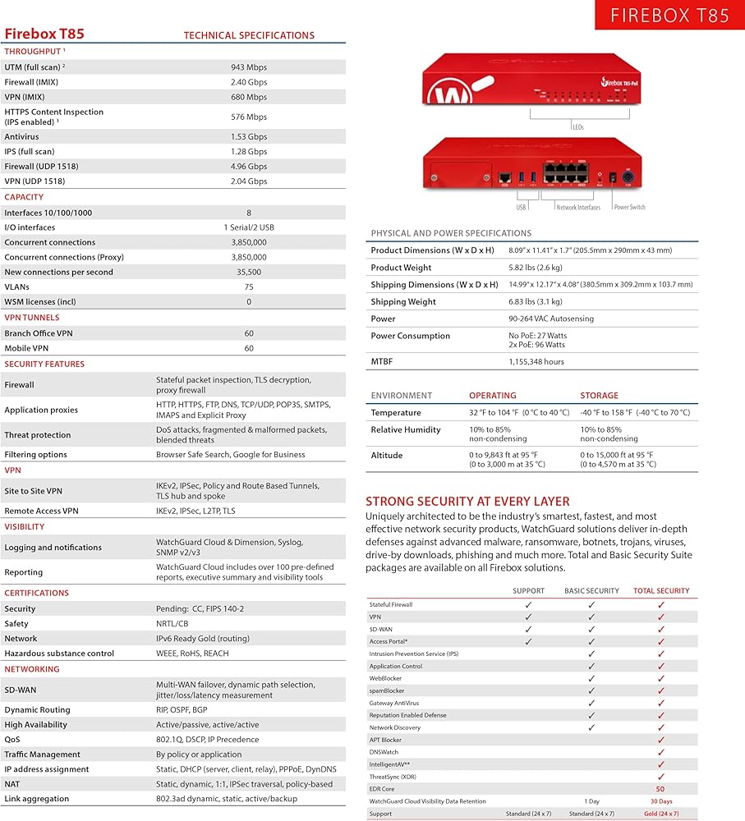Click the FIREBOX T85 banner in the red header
669,15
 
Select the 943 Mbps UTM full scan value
249,67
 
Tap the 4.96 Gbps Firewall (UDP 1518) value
249,166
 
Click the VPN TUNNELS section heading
32,318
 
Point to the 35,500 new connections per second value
249,272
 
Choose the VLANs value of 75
249,287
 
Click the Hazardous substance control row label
59,654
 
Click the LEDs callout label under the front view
577,127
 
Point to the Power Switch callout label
630,207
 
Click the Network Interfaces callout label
578,207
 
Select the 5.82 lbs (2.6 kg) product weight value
536,268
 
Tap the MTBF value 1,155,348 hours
536,361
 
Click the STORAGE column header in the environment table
599,396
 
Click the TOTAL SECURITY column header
661,590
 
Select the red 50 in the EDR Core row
660,789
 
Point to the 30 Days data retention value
661,801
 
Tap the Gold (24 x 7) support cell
661,814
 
